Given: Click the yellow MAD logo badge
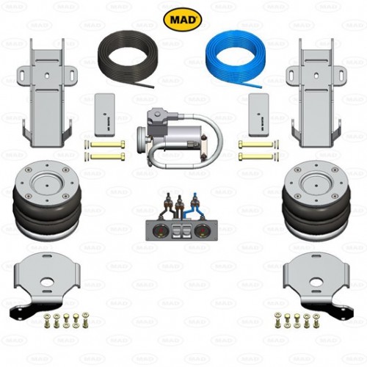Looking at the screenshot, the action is pos(182,19).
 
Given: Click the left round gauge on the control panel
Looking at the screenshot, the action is pos(159,230).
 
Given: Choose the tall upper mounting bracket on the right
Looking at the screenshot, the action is pos(316,93).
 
